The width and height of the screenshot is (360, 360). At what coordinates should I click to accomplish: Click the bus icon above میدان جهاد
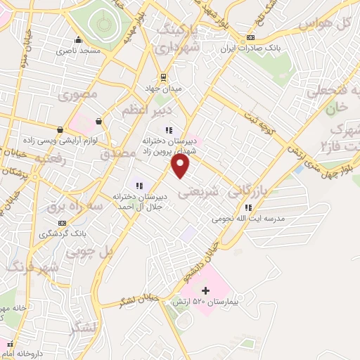(x=163, y=77)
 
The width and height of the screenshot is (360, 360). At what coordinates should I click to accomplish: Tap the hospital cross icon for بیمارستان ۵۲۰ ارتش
(x=205, y=290)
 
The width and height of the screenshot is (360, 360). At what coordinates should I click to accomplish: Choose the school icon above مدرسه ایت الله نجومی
(x=248, y=207)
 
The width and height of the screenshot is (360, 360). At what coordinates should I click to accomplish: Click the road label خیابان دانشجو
(x=203, y=259)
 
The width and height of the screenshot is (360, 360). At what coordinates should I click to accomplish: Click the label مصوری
(x=79, y=94)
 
